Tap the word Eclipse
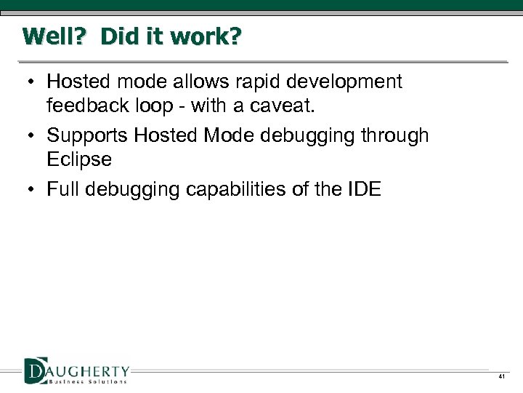79,160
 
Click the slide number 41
500,377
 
